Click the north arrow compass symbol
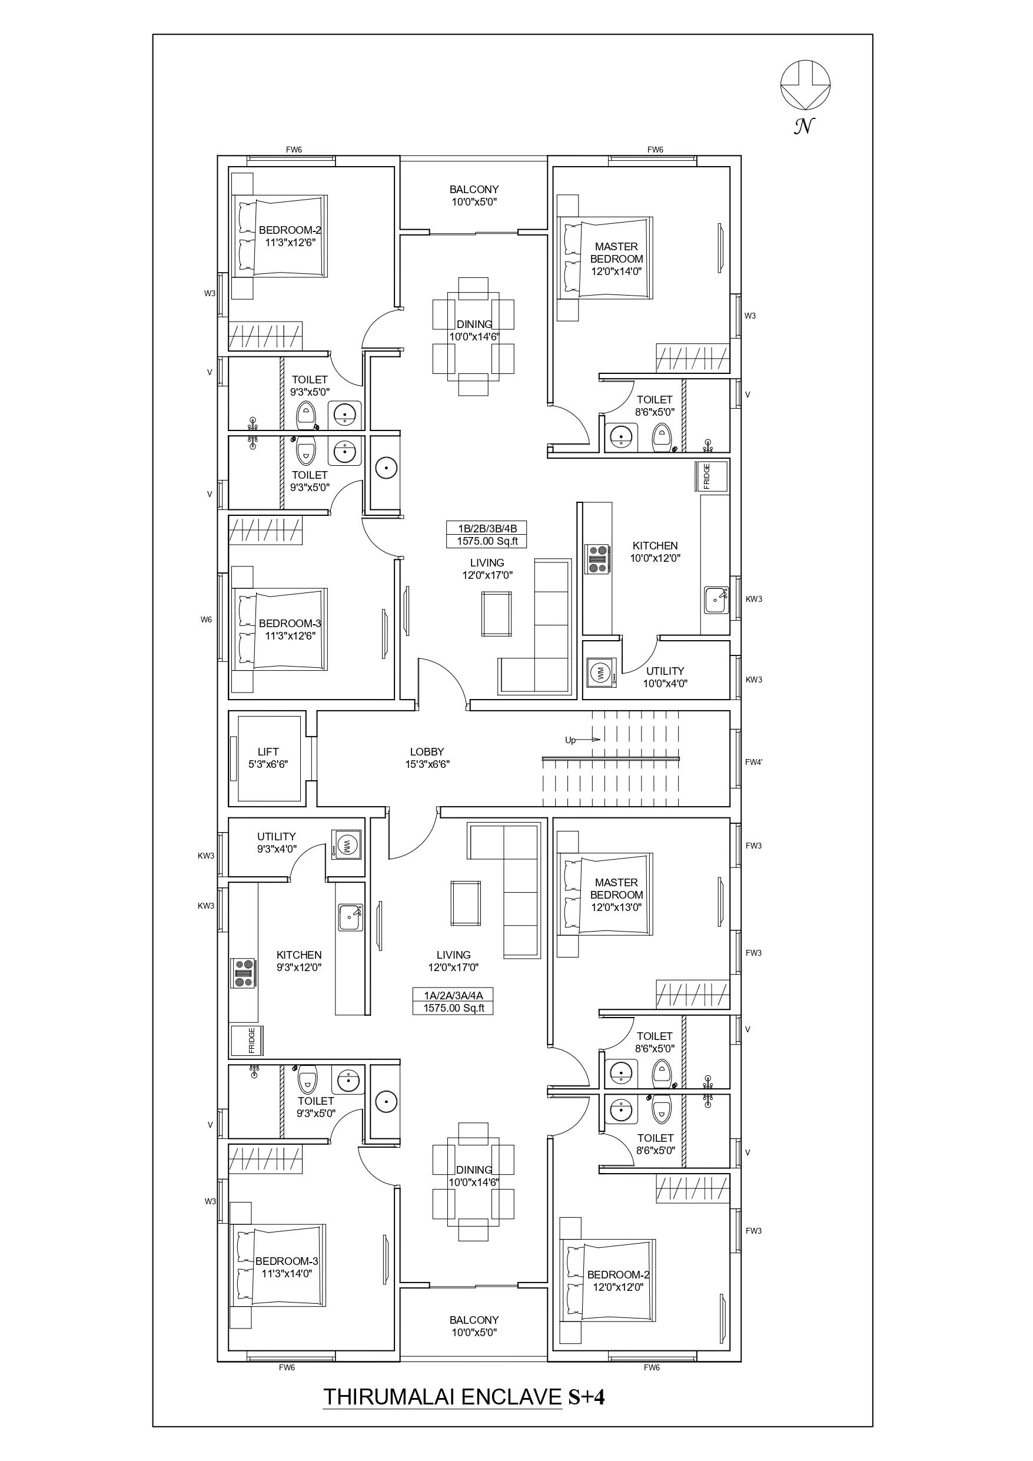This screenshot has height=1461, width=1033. [805, 85]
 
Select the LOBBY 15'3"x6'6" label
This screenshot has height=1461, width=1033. [427, 758]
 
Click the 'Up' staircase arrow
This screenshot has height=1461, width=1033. [583, 740]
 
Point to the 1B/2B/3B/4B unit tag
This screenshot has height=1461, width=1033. [487, 535]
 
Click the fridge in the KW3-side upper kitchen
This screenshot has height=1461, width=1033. [712, 476]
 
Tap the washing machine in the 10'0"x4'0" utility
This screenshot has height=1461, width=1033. [600, 672]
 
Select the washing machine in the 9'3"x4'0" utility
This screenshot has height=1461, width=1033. [347, 846]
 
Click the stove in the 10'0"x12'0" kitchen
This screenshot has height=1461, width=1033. [597, 559]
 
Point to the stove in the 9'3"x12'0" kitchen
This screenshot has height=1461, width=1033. [244, 973]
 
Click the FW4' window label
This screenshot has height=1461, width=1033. [754, 763]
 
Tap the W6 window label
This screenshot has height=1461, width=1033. [206, 619]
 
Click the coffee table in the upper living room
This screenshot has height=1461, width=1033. [497, 614]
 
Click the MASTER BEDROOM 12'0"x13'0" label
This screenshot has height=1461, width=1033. [616, 895]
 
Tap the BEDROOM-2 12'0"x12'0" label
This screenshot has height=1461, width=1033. [617, 1281]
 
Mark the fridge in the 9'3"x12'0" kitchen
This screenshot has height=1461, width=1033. [247, 1041]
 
